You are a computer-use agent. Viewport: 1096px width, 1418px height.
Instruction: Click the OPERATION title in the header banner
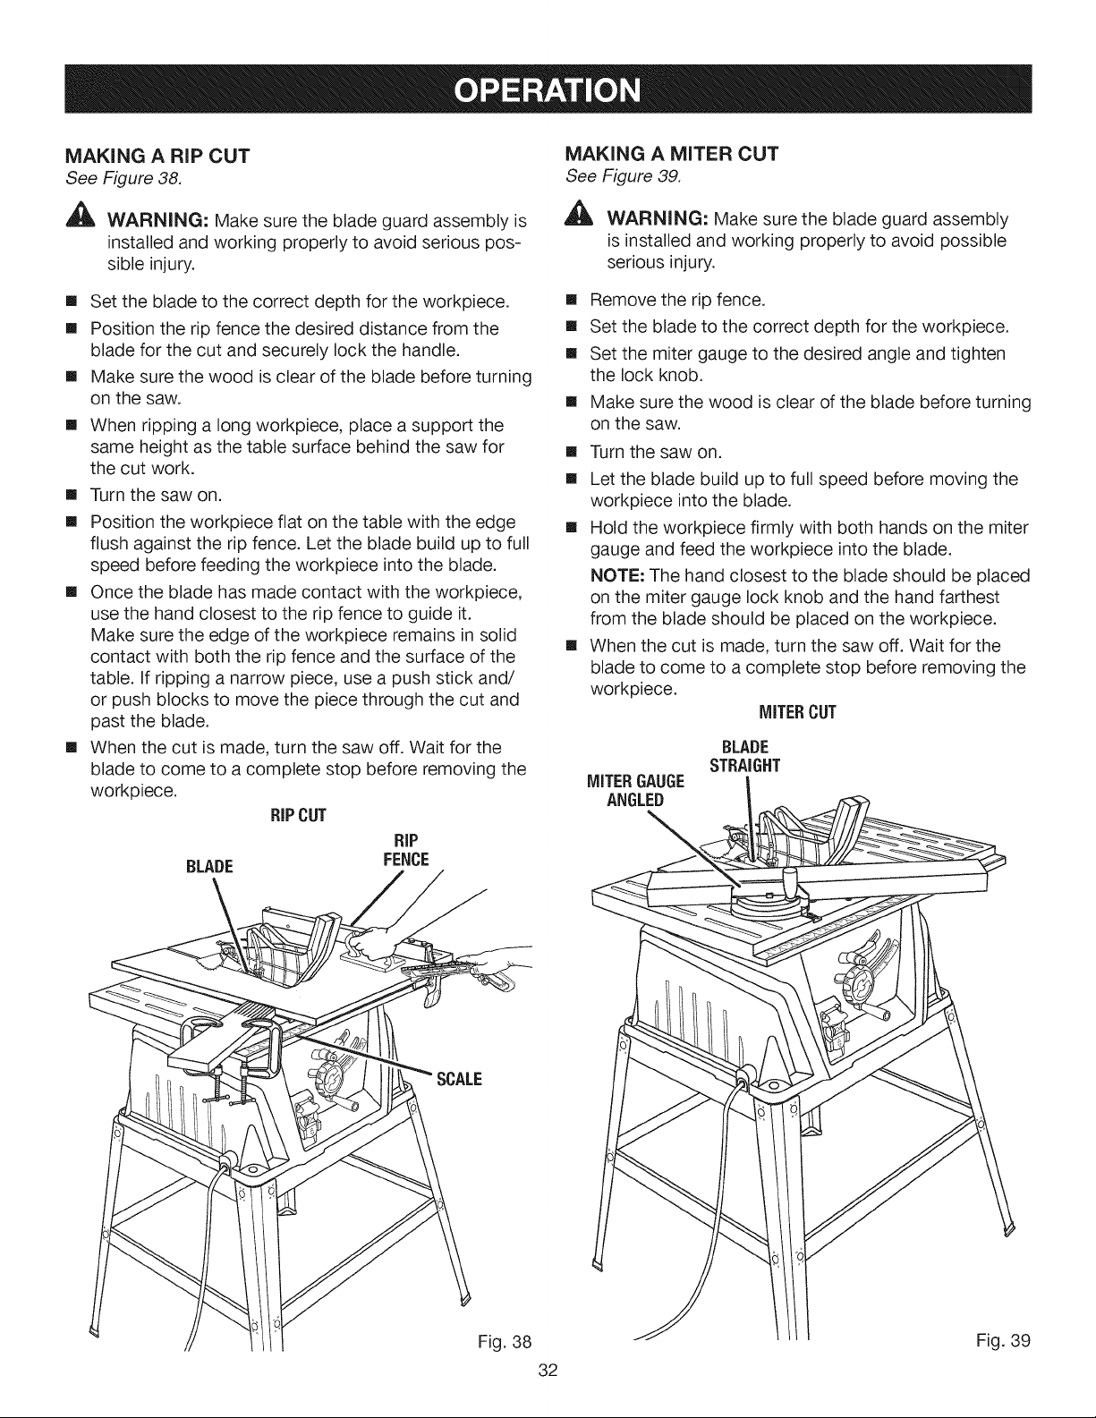pos(548,90)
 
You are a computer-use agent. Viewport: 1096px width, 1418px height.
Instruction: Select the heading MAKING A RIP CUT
pos(157,157)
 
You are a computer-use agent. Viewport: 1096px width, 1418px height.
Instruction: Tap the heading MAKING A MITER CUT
pos(672,154)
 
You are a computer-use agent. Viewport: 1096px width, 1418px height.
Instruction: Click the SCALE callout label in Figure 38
pos(459,1079)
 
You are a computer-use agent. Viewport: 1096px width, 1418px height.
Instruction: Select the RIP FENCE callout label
pos(406,850)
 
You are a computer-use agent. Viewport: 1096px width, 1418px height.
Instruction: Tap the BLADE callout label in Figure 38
pos(209,866)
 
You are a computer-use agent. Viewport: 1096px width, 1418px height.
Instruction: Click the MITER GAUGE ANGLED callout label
pos(635,790)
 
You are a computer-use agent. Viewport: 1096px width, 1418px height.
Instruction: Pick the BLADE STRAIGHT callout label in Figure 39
pos(745,756)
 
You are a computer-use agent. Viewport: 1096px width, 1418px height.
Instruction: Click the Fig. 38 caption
pos(505,1342)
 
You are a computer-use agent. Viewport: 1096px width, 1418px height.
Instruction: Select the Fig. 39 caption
pos(1003,1340)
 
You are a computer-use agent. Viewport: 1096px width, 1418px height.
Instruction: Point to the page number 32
pos(548,1370)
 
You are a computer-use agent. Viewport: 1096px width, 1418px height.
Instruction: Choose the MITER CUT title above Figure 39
pos(797,712)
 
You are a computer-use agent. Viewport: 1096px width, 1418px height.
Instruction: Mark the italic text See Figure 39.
pos(624,176)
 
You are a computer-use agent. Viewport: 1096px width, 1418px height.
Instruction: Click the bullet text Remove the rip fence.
pos(677,300)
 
